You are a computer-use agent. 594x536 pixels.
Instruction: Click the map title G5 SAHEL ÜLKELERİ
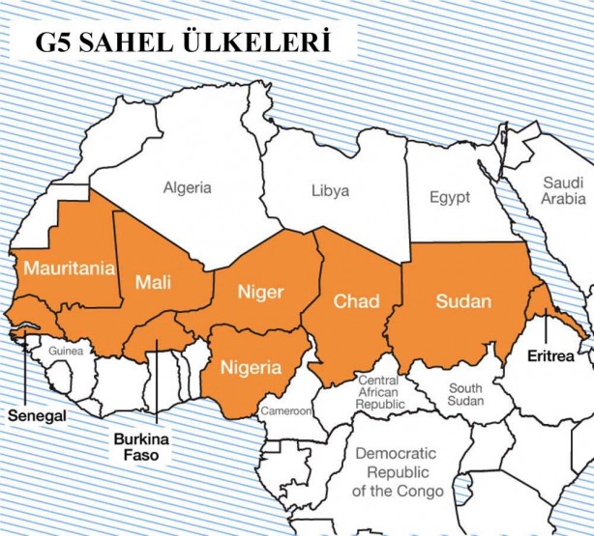tap(183, 43)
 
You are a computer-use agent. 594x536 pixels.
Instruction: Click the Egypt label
tap(449, 197)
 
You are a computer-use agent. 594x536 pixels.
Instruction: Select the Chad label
tap(356, 301)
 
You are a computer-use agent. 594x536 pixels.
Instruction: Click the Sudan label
tap(463, 301)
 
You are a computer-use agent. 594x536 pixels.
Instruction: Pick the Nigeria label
tap(252, 367)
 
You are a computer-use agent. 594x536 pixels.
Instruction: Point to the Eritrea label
tap(551, 356)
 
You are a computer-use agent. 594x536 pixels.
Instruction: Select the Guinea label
tap(66, 352)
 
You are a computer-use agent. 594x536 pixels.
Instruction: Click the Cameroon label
tap(285, 411)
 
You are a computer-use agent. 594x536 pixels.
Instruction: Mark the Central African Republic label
tap(384, 393)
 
